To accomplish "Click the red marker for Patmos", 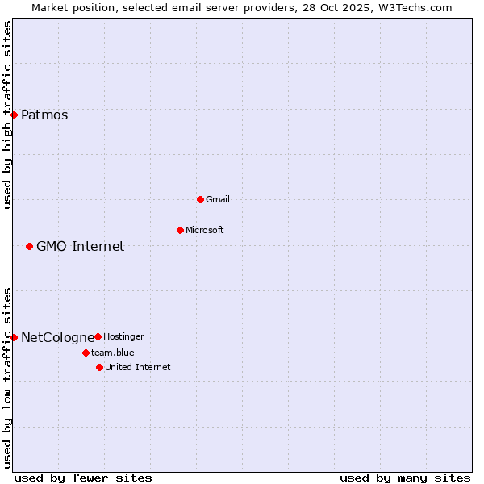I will click(x=14, y=115).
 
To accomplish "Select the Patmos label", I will click(x=44, y=115).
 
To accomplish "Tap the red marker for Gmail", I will click(x=200, y=199).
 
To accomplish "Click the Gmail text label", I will click(x=217, y=199).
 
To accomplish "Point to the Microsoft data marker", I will click(x=180, y=230).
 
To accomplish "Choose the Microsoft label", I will click(x=204, y=230).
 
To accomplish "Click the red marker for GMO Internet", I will click(x=29, y=246).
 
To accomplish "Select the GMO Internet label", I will click(x=80, y=246).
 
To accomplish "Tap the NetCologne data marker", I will click(x=14, y=337).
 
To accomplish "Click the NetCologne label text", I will click(x=57, y=337).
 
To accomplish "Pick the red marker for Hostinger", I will click(x=98, y=336).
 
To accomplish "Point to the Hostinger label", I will click(x=123, y=336).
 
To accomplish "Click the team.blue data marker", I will click(x=86, y=353).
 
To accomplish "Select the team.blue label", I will click(x=112, y=353).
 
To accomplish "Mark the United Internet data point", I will click(x=99, y=367).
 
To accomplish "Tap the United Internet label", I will click(x=137, y=367).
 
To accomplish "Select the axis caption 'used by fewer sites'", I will click(x=83, y=478).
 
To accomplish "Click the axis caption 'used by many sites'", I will click(x=405, y=478).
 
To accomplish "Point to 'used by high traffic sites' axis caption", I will click(x=7, y=115).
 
